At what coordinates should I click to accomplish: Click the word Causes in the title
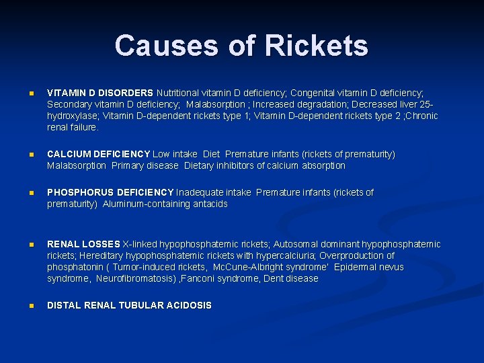(157, 46)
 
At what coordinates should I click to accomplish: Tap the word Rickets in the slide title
(317, 46)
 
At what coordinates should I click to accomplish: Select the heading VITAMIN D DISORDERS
(100, 93)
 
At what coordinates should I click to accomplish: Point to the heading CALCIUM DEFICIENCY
(99, 154)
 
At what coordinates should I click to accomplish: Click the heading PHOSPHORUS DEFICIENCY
(110, 192)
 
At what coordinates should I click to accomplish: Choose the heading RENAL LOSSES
(83, 244)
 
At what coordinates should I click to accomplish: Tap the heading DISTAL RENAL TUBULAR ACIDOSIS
(129, 305)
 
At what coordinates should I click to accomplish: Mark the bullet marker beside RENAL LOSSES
(30, 245)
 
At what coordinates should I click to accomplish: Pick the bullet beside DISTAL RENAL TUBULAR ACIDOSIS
(30, 306)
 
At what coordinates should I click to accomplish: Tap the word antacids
(210, 204)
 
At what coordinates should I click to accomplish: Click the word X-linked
(141, 244)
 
